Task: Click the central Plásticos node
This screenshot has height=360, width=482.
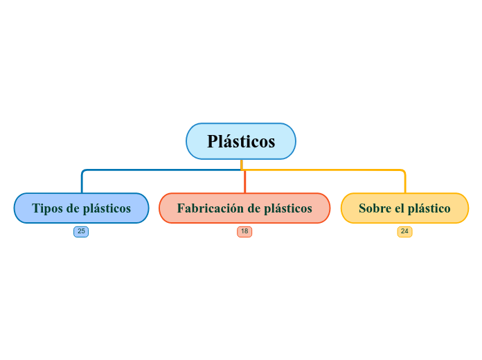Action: tap(241, 141)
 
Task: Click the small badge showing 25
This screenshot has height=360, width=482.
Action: tap(81, 231)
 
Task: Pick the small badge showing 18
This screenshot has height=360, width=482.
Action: tap(244, 231)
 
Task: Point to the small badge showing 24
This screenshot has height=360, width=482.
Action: tap(404, 231)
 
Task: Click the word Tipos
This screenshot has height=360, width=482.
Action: tap(47, 208)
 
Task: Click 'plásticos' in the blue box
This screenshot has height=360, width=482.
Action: tap(107, 208)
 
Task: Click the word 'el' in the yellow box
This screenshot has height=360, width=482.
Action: tap(398, 208)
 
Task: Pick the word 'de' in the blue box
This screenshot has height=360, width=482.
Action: tap(73, 208)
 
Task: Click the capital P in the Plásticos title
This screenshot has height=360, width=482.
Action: tap(213, 141)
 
